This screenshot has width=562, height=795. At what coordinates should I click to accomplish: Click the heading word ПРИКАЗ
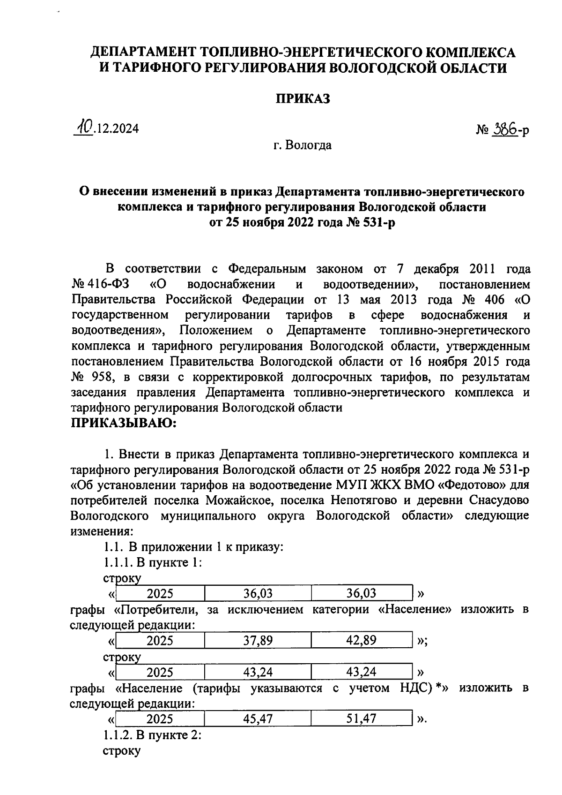[302, 99]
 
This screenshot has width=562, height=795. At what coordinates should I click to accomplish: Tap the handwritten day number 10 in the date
[84, 127]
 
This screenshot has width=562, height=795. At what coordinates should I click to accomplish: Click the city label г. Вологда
[303, 145]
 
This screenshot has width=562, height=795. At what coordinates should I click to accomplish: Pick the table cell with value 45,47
[258, 719]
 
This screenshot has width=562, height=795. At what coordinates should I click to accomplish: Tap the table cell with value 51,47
[361, 719]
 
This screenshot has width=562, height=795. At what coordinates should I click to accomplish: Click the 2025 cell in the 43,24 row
[160, 673]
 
